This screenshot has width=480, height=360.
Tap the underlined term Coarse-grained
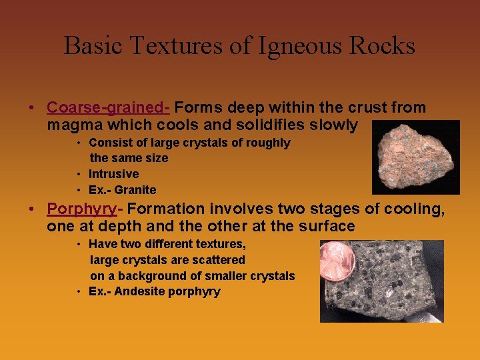pyautogui.click(x=108, y=107)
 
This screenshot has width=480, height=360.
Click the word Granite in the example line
pyautogui.click(x=135, y=190)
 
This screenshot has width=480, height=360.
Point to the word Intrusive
pyautogui.click(x=113, y=174)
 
